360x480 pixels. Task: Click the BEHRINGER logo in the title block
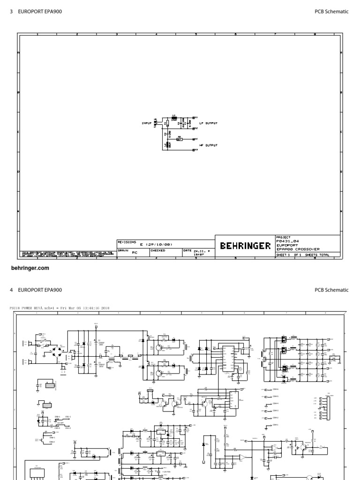245,246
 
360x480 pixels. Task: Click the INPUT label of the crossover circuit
147,123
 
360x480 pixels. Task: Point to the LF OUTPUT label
209,123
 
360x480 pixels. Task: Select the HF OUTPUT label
209,145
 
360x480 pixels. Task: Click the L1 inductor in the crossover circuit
174,118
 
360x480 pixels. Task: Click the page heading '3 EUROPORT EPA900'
36,11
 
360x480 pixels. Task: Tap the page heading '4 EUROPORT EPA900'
36,290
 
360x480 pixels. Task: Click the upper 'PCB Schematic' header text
331,11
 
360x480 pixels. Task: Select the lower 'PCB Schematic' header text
331,290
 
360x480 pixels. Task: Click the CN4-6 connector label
275,389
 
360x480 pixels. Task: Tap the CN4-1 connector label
275,425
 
